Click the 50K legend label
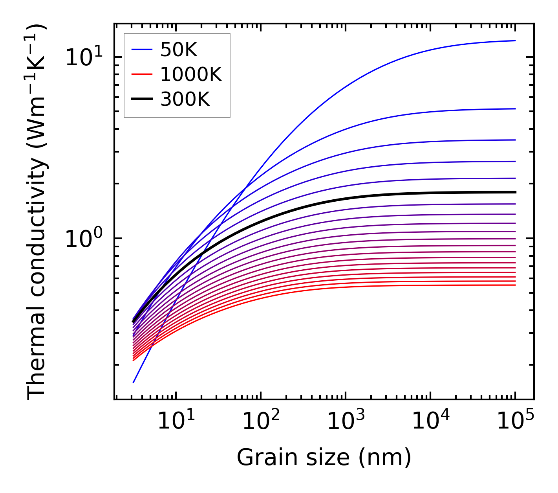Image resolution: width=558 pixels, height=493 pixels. (x=178, y=50)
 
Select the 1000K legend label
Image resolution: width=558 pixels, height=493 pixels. (x=191, y=74)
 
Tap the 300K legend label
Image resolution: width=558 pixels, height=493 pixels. (x=185, y=99)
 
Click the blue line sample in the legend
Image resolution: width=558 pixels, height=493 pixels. (x=141, y=50)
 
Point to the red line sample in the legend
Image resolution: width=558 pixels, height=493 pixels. (x=141, y=74)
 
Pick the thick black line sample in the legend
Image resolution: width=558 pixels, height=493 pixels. (x=141, y=99)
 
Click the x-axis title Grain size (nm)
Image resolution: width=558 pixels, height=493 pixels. (x=324, y=458)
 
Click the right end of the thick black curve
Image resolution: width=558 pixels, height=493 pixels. (x=515, y=192)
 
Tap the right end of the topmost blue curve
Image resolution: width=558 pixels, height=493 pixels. (x=515, y=40)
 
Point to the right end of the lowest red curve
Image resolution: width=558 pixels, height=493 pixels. (x=515, y=285)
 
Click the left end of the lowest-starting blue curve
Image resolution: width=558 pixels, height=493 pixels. (x=134, y=382)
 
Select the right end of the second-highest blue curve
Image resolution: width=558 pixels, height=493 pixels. (x=515, y=109)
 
